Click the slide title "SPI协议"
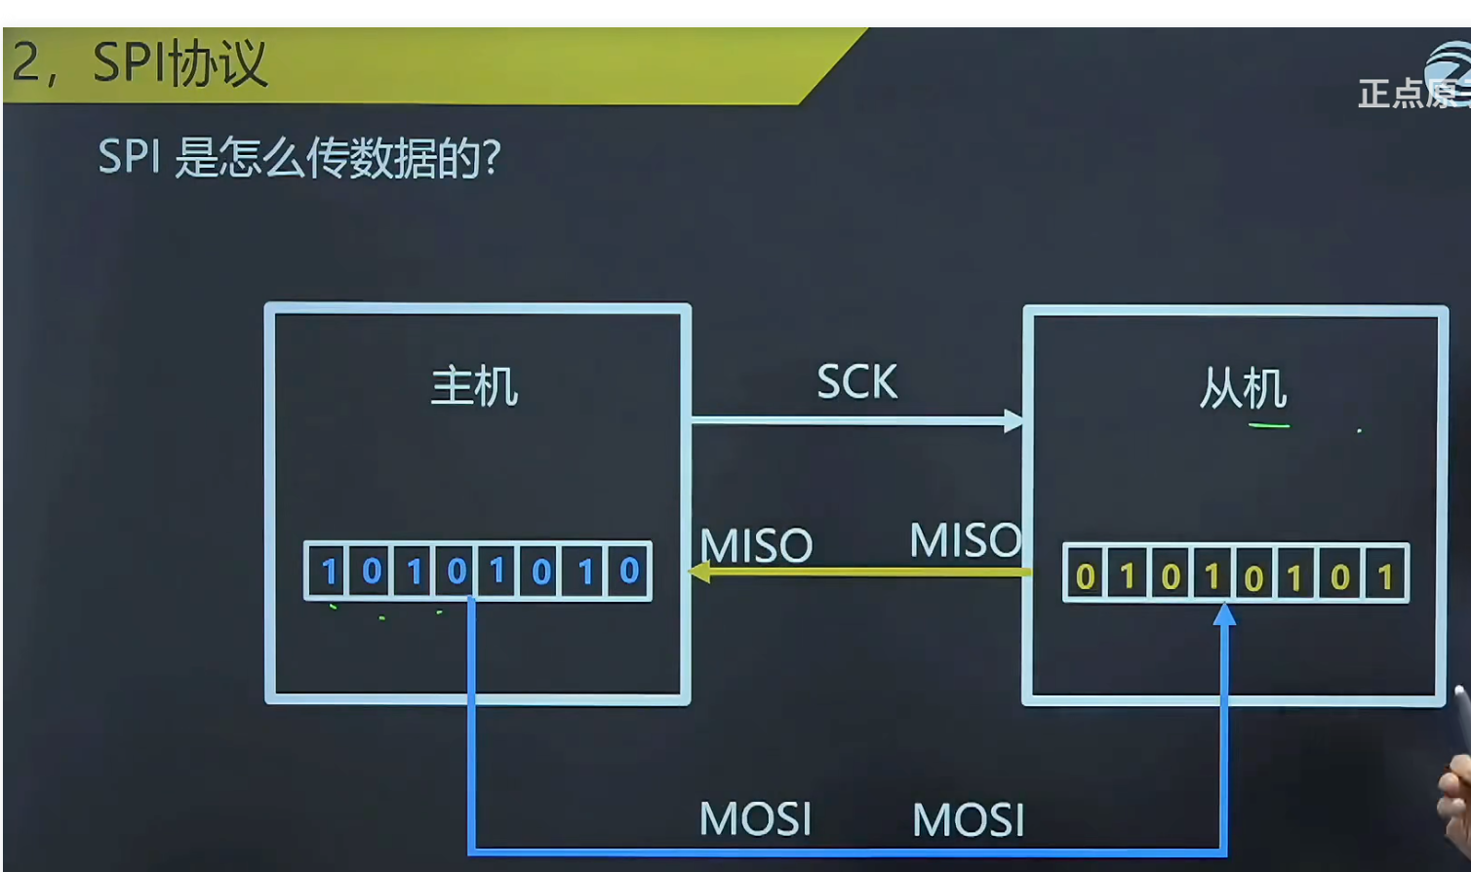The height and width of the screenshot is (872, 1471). point(179,64)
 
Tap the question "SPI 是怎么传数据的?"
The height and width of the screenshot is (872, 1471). point(299,157)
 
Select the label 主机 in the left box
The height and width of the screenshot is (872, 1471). point(474,386)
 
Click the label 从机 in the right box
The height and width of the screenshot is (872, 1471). point(1243,389)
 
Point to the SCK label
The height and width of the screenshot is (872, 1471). point(856,382)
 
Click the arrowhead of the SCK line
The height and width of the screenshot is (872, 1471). point(1014,421)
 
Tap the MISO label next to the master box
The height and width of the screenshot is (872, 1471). point(757,546)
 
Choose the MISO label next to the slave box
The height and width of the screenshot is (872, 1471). point(965,540)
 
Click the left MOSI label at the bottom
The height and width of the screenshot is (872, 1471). point(755,819)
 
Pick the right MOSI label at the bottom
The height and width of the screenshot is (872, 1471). point(968,820)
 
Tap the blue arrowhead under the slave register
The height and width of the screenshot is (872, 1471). point(1224,614)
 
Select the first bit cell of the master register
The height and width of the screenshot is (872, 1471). point(329,571)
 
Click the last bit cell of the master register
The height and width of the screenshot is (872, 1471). point(629,571)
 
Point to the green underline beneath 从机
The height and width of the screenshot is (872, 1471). point(1269,425)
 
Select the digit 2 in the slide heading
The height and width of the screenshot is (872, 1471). point(26,62)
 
